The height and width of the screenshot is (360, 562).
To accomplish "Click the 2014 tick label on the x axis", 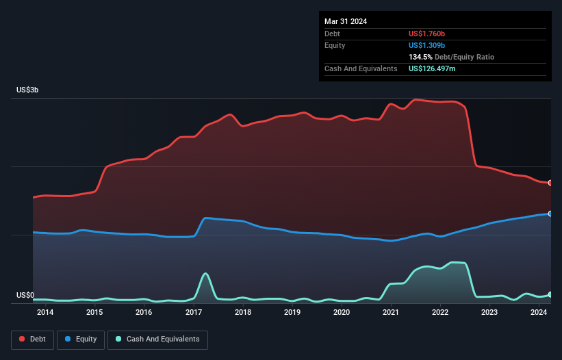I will (x=45, y=313).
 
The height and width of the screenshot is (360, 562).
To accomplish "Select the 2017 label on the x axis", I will (x=193, y=313).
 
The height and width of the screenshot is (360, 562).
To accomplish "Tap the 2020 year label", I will (x=342, y=313).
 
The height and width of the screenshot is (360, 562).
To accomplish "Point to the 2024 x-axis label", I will (x=539, y=313).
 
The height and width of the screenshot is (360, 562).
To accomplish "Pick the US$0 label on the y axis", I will (x=25, y=296).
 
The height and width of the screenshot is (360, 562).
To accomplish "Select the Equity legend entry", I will (x=81, y=339).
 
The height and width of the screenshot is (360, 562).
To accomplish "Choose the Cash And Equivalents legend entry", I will (x=157, y=339).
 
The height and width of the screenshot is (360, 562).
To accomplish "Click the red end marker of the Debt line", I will (x=550, y=183).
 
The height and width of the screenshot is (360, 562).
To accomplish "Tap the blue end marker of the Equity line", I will (x=550, y=214).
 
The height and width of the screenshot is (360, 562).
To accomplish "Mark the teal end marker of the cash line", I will (x=550, y=294).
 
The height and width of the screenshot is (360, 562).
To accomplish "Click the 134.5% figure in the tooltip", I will (x=421, y=57).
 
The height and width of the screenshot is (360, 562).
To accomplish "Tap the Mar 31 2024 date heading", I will (x=346, y=21).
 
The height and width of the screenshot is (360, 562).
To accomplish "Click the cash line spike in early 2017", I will (x=205, y=274).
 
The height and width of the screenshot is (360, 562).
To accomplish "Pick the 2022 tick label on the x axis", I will (x=440, y=313).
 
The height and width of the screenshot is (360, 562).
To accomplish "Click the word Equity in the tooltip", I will (x=335, y=45).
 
